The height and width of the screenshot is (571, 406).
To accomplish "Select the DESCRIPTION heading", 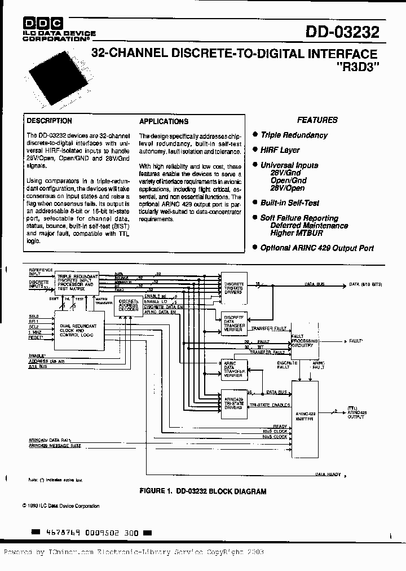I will pos(50,121).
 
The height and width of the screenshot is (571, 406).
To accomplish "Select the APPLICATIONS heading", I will pos(164,121).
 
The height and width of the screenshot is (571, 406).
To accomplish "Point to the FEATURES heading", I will pos(317,120).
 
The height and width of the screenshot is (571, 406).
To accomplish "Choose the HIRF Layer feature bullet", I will pos(280,150).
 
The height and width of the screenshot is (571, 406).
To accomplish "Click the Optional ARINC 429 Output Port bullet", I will pos(316,248).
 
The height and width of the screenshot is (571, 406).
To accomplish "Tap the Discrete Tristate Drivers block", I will pos(233,288).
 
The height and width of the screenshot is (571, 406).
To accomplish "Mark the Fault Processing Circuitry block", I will pos(305,341).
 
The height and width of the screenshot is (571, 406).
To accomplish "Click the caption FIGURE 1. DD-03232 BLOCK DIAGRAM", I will pos(202,491).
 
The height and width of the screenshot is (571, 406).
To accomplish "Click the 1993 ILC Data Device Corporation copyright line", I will pos(63,506).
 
